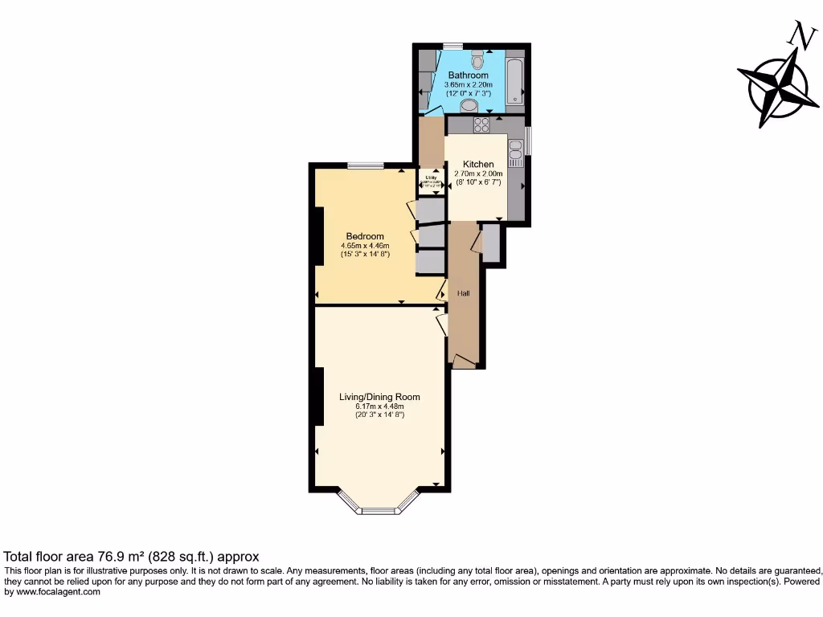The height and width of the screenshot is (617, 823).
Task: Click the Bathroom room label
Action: coord(469,76)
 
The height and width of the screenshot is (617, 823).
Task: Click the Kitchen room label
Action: coord(479,165)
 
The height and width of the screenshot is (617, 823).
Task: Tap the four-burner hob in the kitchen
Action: coord(482,125)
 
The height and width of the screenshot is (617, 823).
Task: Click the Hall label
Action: coord(463,293)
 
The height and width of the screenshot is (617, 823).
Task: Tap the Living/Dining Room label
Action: coord(379,397)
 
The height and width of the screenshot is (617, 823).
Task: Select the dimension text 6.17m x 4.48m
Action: coord(379,406)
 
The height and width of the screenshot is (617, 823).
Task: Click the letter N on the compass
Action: coord(800,35)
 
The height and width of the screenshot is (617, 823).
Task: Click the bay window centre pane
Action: coord(379,510)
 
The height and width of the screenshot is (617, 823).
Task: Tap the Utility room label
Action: coord(431,178)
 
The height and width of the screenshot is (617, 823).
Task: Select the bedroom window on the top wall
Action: coord(366,165)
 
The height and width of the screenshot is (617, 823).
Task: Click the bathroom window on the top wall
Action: coord(452,45)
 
